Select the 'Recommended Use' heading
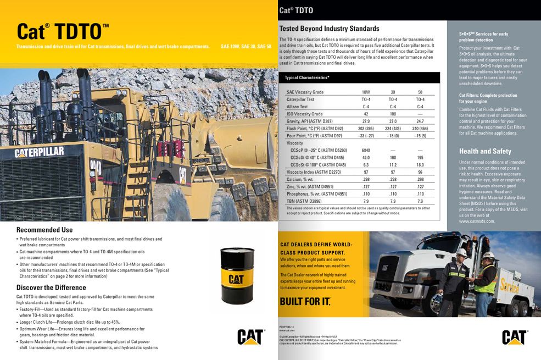(44, 230)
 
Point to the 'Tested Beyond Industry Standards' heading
(329, 29)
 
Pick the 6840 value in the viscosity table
(366, 150)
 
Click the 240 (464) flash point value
(420, 128)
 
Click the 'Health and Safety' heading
(485, 151)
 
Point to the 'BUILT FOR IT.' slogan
(305, 301)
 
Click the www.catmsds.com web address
(477, 221)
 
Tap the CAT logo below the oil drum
(250, 336)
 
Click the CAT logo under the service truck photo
(515, 336)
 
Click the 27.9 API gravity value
(366, 121)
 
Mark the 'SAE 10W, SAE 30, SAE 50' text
(246, 47)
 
